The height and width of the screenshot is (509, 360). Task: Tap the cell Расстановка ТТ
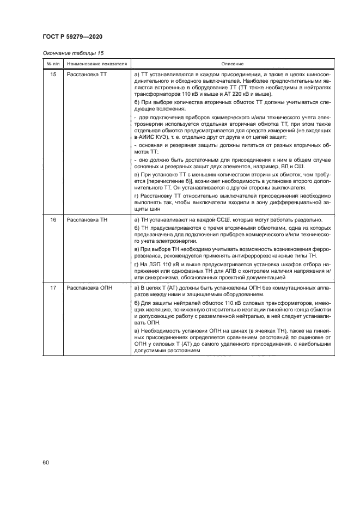pos(86,73)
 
